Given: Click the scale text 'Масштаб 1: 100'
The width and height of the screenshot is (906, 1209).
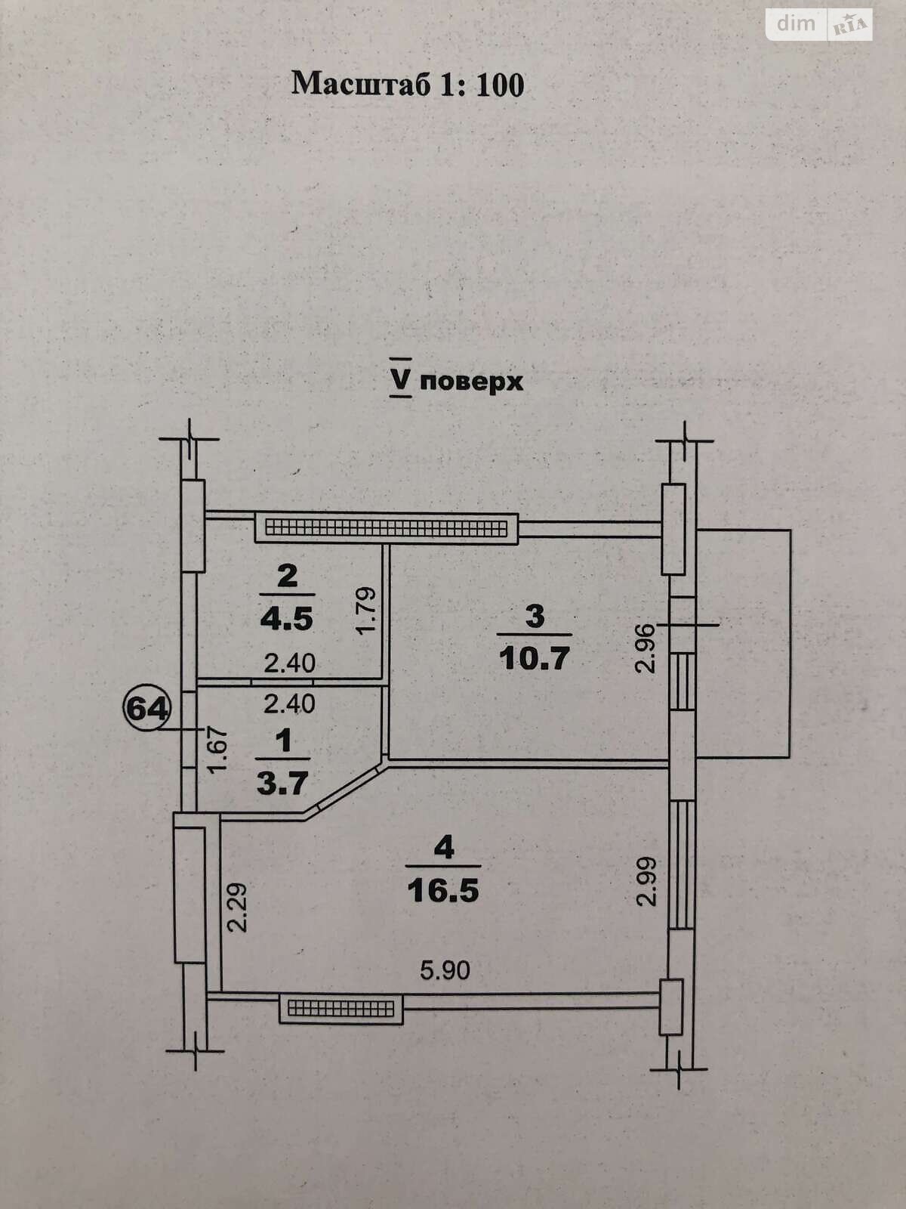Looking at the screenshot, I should [408, 84].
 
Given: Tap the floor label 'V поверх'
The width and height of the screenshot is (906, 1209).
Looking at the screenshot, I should [457, 381].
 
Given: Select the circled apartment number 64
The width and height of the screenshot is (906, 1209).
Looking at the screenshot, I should [149, 709].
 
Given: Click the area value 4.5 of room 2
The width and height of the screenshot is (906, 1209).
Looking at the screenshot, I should [286, 619].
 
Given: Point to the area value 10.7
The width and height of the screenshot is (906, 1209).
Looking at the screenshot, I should [534, 658].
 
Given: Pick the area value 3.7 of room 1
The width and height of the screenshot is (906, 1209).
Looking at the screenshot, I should [282, 783].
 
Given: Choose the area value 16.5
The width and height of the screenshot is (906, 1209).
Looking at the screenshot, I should [443, 890].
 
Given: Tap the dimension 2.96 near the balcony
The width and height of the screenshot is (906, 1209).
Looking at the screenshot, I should [644, 647].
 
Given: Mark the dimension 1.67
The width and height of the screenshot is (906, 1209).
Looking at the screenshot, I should [217, 749].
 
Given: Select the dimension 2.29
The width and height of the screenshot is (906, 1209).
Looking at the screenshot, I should [237, 907].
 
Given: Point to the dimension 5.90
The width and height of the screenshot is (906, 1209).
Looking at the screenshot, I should [445, 969].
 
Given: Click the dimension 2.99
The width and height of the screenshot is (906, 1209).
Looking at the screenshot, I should [644, 881].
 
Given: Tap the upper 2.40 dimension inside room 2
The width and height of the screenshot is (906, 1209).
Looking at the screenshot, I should [289, 663].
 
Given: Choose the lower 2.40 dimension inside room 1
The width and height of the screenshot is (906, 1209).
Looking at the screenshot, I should [289, 704].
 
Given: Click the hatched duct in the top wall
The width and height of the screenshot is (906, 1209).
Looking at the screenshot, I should [386, 527].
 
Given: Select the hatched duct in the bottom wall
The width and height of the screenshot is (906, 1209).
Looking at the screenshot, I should [341, 1009].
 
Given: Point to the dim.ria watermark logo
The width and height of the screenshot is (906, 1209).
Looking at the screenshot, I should [820, 24].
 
